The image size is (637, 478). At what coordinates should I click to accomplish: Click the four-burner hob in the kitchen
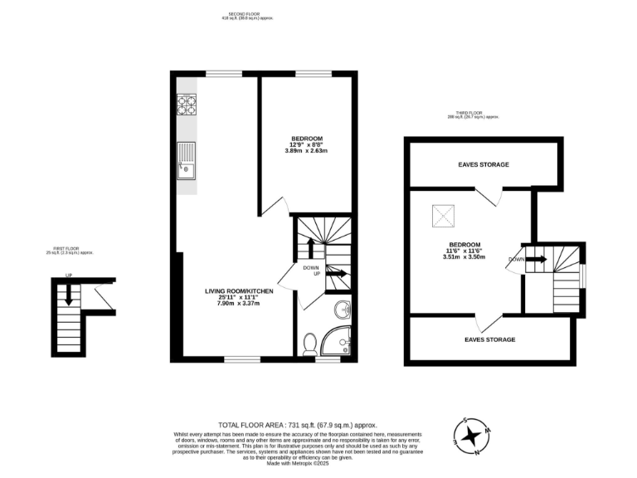coord(187,105)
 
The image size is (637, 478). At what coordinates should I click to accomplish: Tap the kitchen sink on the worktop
coord(187,161)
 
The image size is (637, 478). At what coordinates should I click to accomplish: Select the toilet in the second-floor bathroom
coord(310,344)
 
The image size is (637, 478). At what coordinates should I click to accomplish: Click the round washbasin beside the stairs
coord(343,311)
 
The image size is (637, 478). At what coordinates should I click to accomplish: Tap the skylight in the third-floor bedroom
coord(443,217)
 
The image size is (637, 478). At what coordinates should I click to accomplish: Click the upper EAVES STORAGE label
coord(484,164)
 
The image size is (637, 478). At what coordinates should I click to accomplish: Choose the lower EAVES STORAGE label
coord(489,339)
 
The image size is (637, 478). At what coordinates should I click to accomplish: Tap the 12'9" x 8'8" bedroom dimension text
coord(306,144)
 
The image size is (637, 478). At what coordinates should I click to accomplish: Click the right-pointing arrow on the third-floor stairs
coord(536,259)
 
